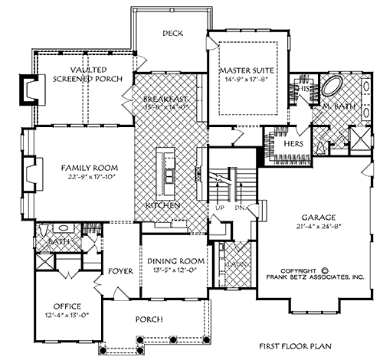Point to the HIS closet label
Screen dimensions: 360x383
point(304,90)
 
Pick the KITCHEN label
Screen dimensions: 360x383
point(165,206)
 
